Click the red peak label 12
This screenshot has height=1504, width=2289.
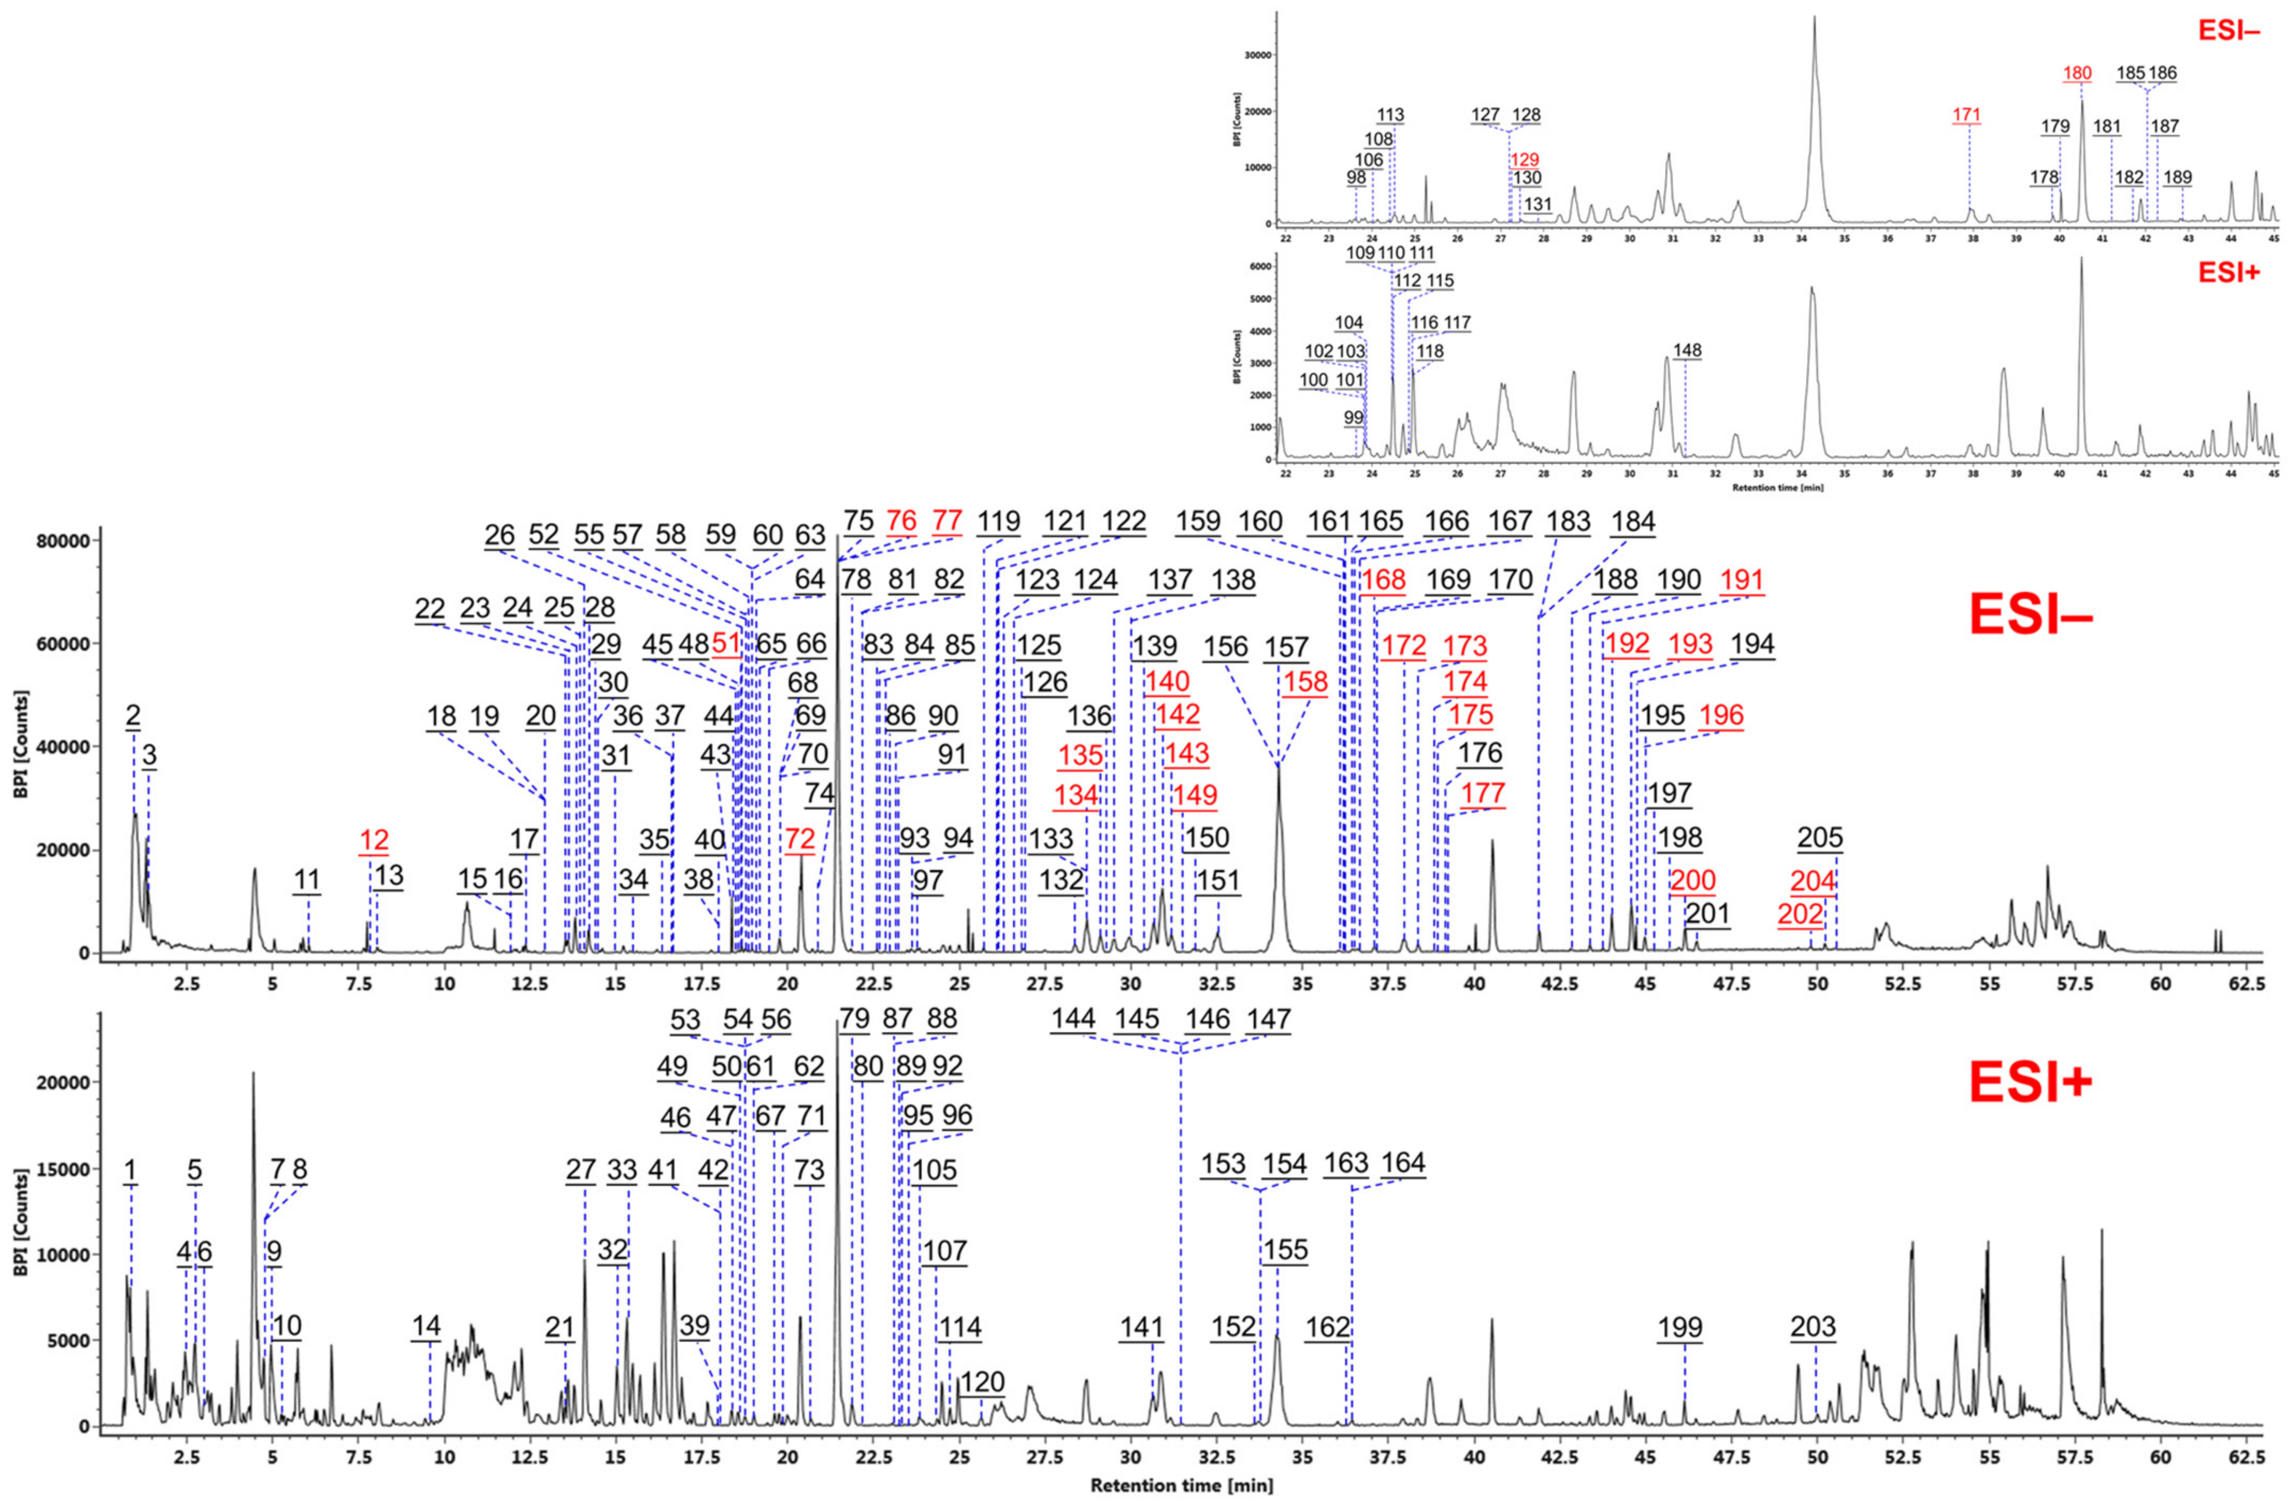[373, 840]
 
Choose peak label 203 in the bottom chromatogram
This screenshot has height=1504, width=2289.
[1813, 1328]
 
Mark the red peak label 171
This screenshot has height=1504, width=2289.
[1967, 116]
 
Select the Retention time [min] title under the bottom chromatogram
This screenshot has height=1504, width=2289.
[1181, 1486]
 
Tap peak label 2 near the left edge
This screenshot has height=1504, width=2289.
[133, 716]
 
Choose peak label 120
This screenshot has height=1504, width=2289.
[982, 1383]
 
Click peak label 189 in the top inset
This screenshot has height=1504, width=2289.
[2178, 178]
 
